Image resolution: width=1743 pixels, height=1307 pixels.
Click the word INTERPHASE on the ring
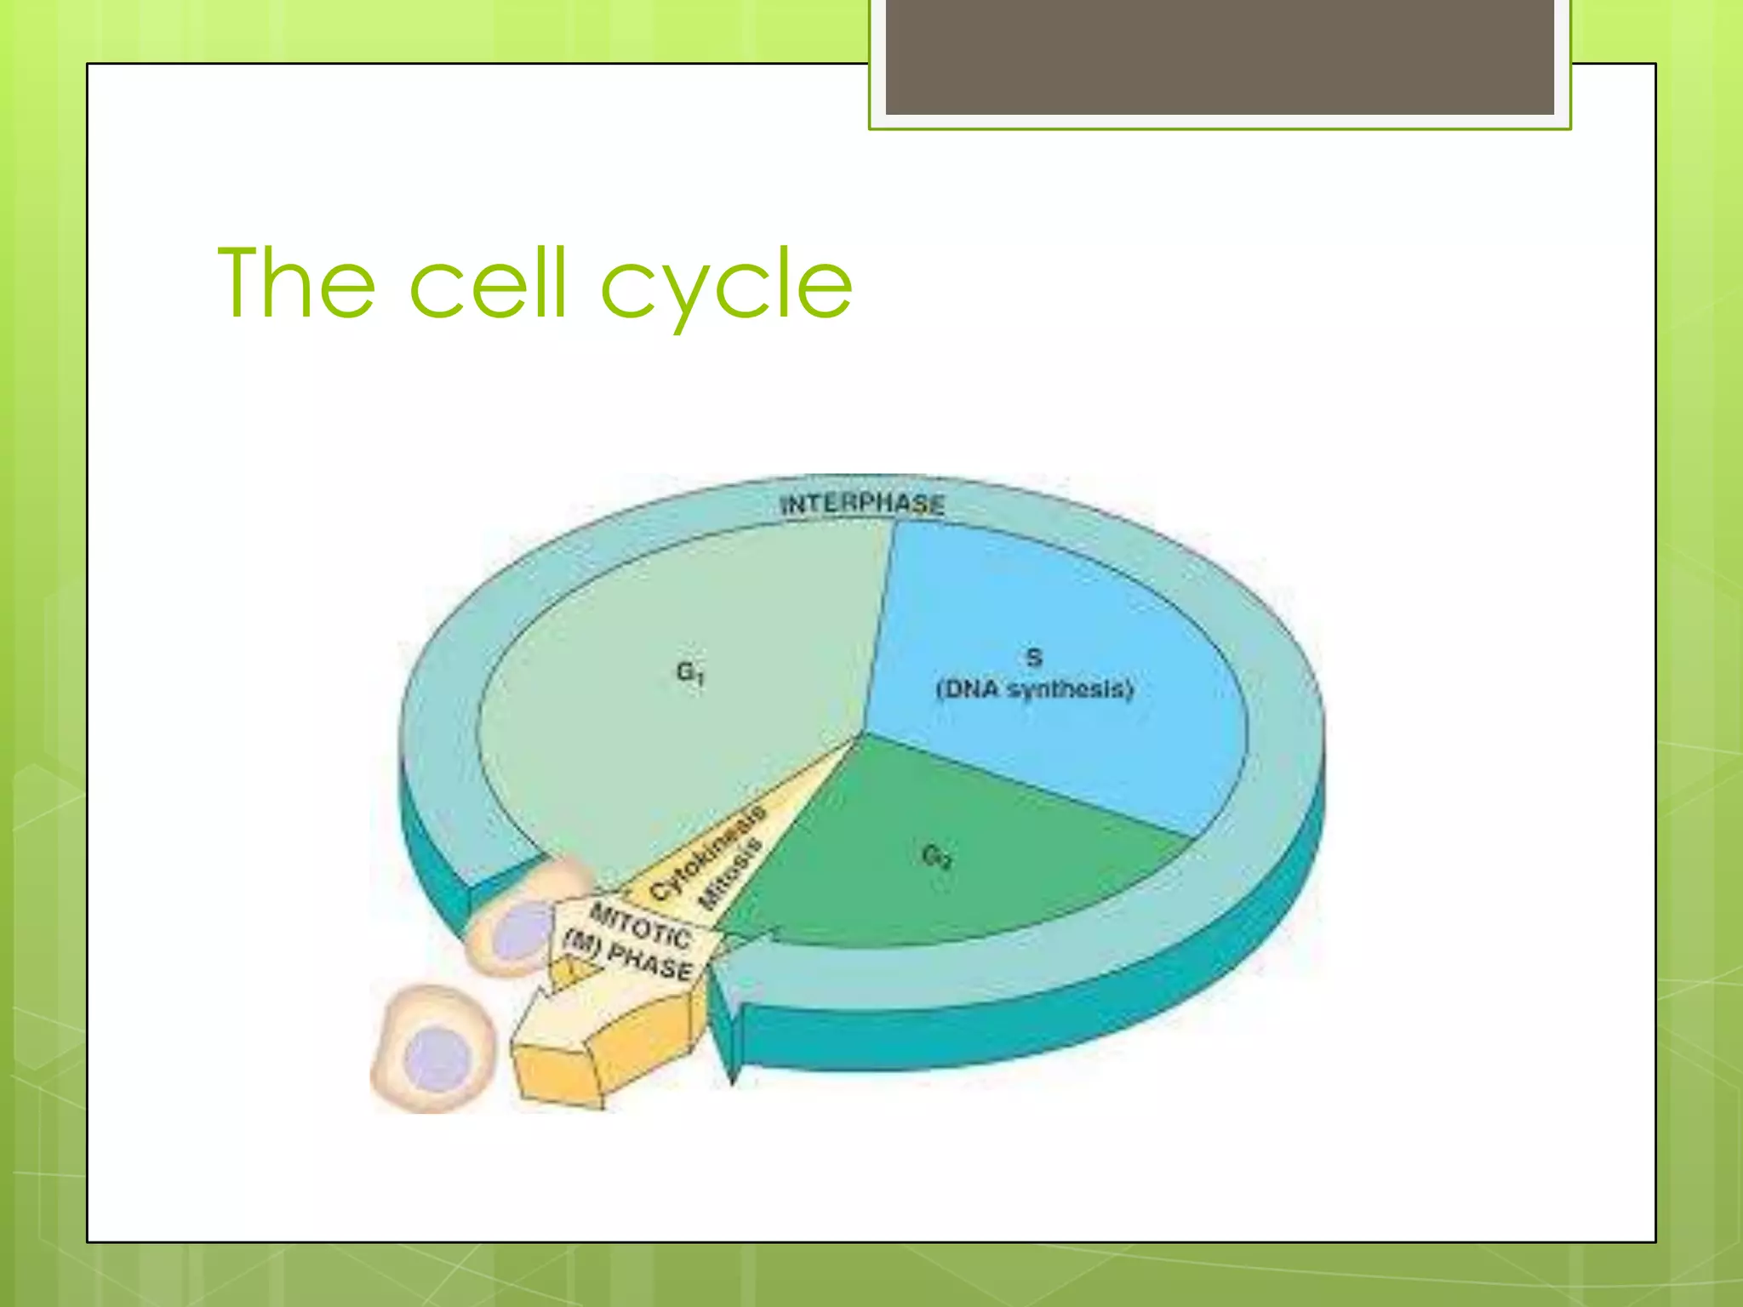click(x=862, y=504)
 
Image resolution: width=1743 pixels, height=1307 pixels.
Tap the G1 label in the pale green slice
click(x=690, y=674)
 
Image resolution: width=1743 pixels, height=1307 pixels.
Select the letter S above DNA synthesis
click(x=1034, y=657)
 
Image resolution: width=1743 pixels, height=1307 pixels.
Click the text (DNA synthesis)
click(x=1035, y=689)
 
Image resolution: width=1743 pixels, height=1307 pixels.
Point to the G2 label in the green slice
click(x=936, y=856)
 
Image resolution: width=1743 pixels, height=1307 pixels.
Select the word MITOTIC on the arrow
click(x=640, y=926)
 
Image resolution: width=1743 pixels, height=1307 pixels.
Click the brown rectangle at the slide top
click(x=1220, y=56)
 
